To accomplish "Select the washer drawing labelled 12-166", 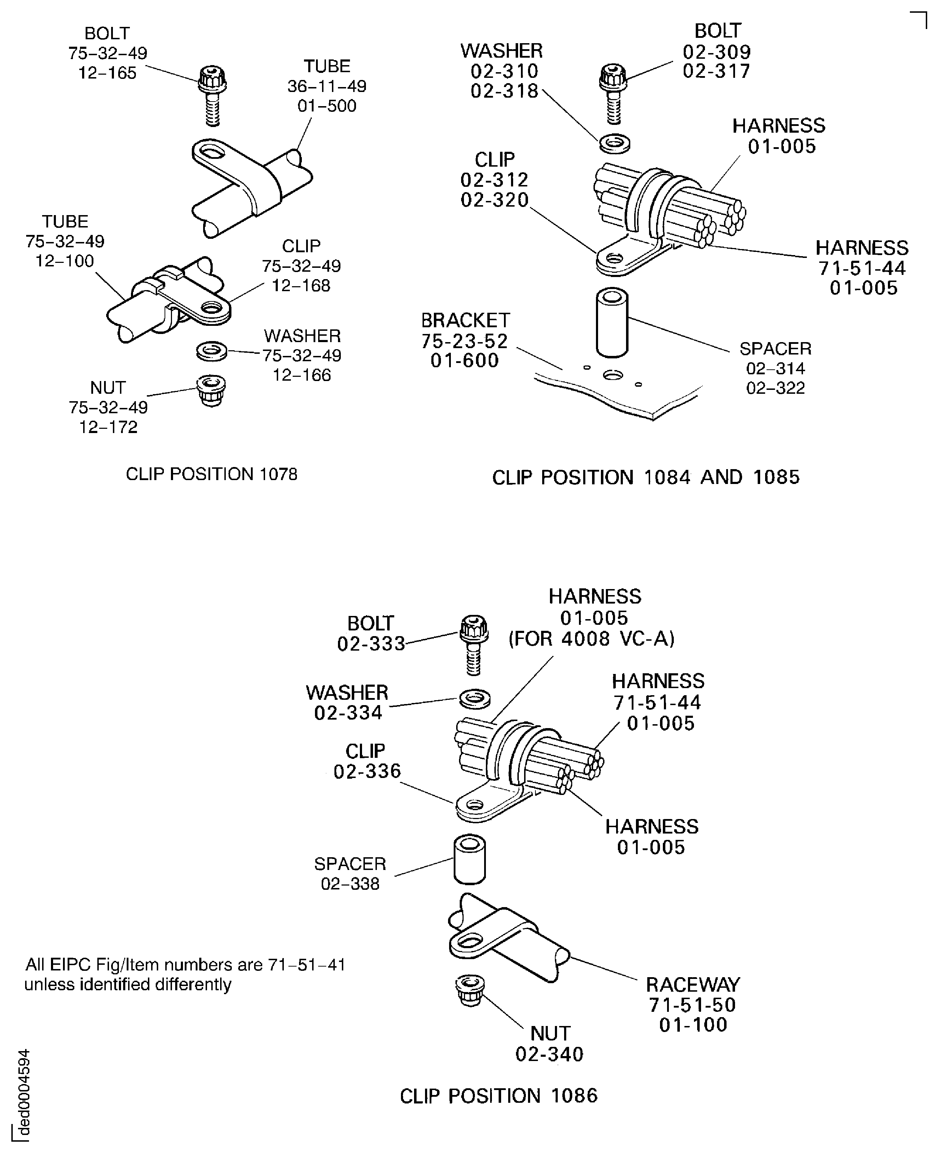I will pyautogui.click(x=211, y=351).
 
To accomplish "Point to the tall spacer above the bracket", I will pyautogui.click(x=612, y=322).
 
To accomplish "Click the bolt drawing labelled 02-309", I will pyautogui.click(x=613, y=92).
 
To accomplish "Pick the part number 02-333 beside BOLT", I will pyautogui.click(x=371, y=643).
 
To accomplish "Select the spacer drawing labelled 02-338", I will pyautogui.click(x=469, y=859).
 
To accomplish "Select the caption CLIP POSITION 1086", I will pyautogui.click(x=498, y=1096).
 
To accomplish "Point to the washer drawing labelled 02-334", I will pyautogui.click(x=475, y=699).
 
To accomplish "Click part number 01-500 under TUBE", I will pyautogui.click(x=327, y=106).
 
